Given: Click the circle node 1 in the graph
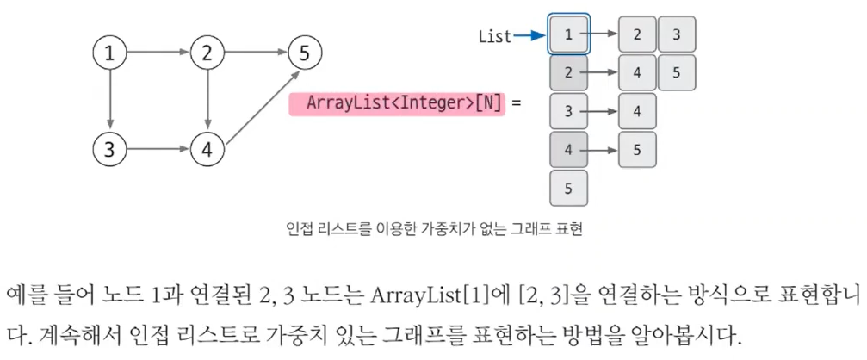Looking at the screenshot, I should tap(109, 53).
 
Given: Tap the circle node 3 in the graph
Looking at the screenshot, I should tap(109, 148).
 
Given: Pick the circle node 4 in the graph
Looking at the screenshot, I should tap(207, 148).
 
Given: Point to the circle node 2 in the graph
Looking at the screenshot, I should tap(207, 53).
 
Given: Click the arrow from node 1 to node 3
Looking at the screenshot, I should tap(109, 101).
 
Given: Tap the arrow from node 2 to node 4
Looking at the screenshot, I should tap(207, 101).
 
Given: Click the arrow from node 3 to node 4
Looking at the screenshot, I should tap(158, 148).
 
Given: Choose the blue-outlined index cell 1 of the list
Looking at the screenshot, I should tap(568, 34).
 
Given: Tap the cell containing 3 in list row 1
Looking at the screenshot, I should tap(677, 34).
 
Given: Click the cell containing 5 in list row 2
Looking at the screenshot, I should tap(677, 72).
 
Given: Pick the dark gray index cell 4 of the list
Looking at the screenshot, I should tap(568, 150).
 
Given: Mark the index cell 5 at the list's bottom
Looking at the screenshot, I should tap(568, 188).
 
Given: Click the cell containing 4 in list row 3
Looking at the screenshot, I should tap(637, 111).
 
